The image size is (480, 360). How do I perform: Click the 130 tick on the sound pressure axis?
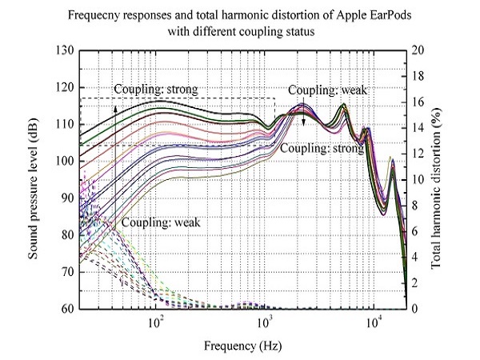(x=66, y=50)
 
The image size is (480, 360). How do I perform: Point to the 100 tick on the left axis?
(x=66, y=161)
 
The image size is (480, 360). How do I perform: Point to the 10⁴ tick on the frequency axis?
(x=374, y=321)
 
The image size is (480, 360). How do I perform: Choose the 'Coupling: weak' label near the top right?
(x=327, y=90)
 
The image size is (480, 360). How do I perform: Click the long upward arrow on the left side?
(x=114, y=160)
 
